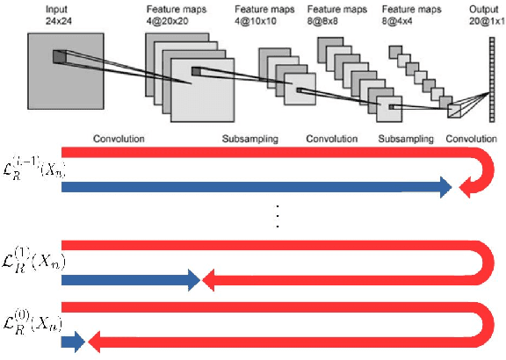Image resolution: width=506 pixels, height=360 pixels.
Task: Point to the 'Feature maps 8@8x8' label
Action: click(x=331, y=11)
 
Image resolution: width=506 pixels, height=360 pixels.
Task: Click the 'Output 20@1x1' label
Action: click(x=481, y=11)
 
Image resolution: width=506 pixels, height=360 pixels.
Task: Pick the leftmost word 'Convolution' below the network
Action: click(x=119, y=139)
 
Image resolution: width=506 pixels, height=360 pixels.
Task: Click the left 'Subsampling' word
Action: click(x=252, y=139)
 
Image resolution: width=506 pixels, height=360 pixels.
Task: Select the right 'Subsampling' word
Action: click(x=405, y=139)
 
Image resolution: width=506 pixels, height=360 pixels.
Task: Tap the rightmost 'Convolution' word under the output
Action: click(x=472, y=139)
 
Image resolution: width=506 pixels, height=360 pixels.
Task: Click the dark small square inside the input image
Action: click(x=59, y=57)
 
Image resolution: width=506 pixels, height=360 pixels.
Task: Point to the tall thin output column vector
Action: click(x=481, y=71)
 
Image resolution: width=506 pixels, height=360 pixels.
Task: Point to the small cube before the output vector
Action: click(x=454, y=110)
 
